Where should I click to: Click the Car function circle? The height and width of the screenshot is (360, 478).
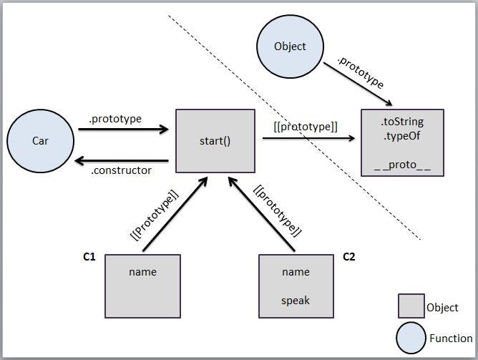coord(40,141)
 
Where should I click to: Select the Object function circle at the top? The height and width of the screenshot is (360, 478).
coord(290,47)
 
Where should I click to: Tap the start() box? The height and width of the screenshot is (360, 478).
coord(215,141)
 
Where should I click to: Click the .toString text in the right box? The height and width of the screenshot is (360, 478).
coord(402,122)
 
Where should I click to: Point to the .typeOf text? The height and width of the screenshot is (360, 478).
coord(401,135)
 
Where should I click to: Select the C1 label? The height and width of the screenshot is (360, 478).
coord(89,256)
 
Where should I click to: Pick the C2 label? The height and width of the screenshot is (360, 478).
coord(350,256)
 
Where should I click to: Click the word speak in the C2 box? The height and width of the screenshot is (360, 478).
coord(296,301)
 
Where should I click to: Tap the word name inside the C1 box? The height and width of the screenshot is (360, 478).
coord(142,272)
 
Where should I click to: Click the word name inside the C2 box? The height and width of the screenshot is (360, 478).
coord(296,272)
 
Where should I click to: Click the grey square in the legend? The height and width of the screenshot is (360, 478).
coord(411,306)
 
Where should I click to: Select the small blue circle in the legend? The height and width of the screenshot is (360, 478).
coord(411,337)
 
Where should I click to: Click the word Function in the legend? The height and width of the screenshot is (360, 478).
coord(451,339)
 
